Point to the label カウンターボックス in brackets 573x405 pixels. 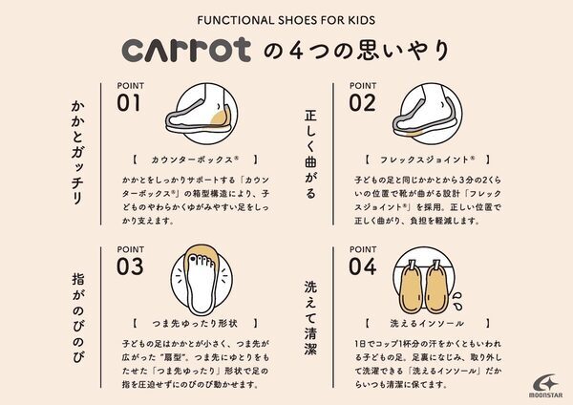coord(195,159)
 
